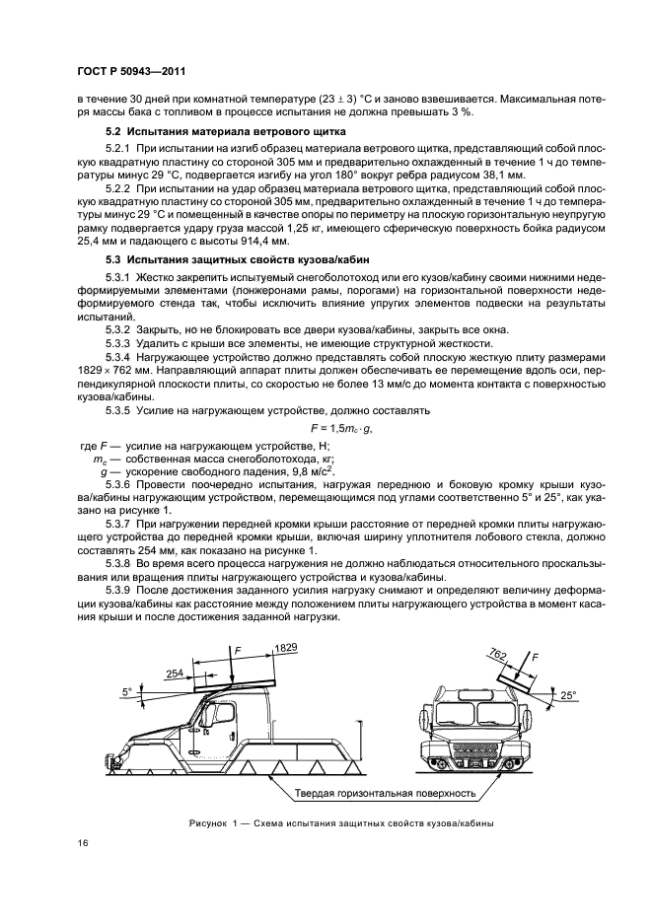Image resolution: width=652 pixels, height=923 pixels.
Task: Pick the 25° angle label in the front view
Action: point(567,695)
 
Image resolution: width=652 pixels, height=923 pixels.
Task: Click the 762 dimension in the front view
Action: point(498,654)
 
